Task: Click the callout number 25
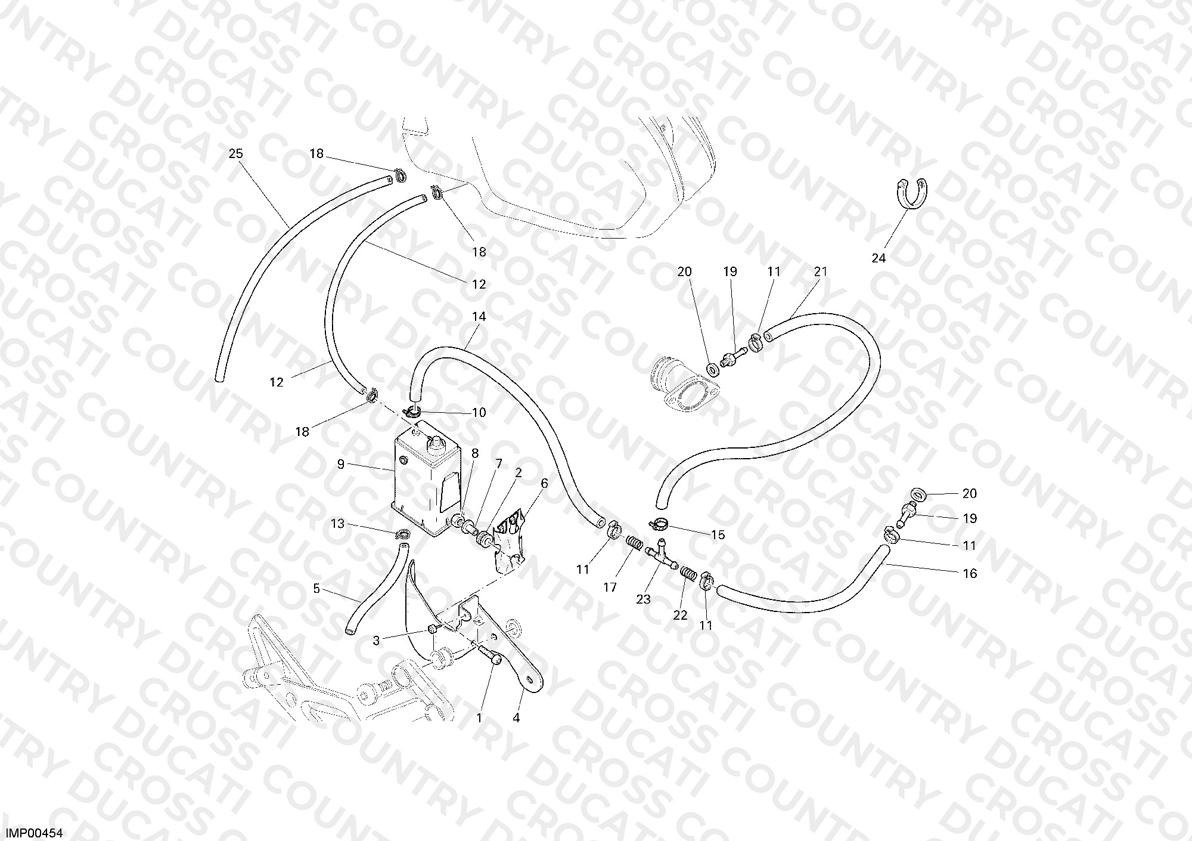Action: pyautogui.click(x=236, y=154)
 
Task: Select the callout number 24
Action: pyautogui.click(x=879, y=258)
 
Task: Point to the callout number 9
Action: pyautogui.click(x=341, y=464)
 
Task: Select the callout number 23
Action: pyautogui.click(x=643, y=599)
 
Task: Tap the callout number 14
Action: pyautogui.click(x=479, y=317)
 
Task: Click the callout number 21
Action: pyautogui.click(x=821, y=272)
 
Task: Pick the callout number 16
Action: pyautogui.click(x=970, y=574)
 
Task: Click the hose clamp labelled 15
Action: pyautogui.click(x=659, y=524)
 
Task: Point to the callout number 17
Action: pyautogui.click(x=610, y=588)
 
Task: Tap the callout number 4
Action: pyautogui.click(x=516, y=719)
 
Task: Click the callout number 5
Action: pyautogui.click(x=316, y=589)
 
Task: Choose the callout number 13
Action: pyautogui.click(x=338, y=524)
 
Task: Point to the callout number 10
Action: pyautogui.click(x=479, y=413)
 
